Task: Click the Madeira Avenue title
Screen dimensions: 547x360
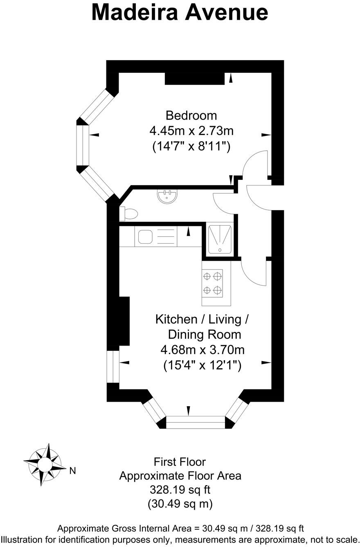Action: pyautogui.click(x=180, y=12)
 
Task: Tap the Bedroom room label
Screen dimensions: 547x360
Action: pyautogui.click(x=191, y=115)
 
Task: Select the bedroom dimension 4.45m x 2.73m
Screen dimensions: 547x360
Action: pyautogui.click(x=191, y=131)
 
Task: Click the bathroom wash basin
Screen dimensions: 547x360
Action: pyautogui.click(x=167, y=196)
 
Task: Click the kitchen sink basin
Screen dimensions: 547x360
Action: pyautogui.click(x=145, y=237)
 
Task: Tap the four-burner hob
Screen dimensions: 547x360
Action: pyautogui.click(x=213, y=283)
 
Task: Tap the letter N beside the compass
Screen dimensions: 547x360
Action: pyautogui.click(x=73, y=471)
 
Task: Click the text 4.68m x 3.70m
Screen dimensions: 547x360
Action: pyautogui.click(x=202, y=350)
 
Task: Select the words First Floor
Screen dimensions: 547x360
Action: pyautogui.click(x=180, y=462)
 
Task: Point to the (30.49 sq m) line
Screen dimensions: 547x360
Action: pyautogui.click(x=180, y=504)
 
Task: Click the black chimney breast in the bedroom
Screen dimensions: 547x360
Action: pyautogui.click(x=194, y=79)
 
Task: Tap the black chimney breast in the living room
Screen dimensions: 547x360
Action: pyautogui.click(x=124, y=321)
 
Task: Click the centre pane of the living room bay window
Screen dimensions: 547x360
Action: pyautogui.click(x=196, y=422)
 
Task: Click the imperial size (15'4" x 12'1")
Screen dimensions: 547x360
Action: pyautogui.click(x=202, y=365)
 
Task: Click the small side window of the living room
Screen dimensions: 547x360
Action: pyautogui.click(x=112, y=366)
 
